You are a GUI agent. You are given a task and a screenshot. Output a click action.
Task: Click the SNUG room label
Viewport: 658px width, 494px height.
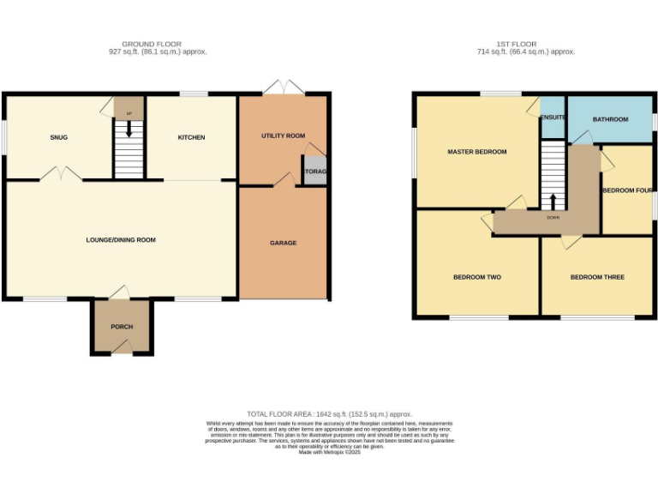[58, 137]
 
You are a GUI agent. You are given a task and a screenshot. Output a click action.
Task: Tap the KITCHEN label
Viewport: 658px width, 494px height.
[191, 137]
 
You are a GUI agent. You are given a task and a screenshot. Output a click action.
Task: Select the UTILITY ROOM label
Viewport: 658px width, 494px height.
[283, 136]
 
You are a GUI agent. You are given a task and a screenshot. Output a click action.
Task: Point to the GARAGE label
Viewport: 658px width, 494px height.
[284, 243]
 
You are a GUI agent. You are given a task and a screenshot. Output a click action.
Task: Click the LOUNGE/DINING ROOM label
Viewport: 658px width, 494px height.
[121, 240]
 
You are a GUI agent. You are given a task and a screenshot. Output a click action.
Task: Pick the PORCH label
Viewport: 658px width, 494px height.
[122, 327]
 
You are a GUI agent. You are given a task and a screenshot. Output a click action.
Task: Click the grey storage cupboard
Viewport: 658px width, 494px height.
[314, 170]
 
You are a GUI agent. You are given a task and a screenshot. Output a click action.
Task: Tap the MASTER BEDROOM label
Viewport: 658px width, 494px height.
[477, 152]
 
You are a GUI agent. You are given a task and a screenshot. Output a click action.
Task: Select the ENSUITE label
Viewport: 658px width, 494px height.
[553, 117]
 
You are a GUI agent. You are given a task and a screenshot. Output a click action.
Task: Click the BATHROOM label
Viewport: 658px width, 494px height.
[610, 119]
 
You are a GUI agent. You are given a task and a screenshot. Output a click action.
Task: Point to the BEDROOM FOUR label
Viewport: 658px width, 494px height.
[627, 190]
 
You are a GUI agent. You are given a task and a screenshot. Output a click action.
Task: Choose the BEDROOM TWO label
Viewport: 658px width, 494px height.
[477, 277]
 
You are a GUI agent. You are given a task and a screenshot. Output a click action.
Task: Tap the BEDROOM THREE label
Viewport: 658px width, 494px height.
[597, 277]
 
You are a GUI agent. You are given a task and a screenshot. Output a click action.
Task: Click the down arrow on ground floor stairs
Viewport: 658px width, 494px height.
[129, 130]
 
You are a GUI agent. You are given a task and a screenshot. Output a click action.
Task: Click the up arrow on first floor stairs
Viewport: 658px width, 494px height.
[553, 202]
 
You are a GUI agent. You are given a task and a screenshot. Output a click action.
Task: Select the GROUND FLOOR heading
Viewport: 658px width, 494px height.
[152, 44]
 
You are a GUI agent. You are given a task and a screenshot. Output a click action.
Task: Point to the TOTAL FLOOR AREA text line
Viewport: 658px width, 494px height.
[330, 413]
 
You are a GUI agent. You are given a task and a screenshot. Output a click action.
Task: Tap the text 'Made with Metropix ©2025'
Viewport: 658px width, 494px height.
[330, 452]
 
